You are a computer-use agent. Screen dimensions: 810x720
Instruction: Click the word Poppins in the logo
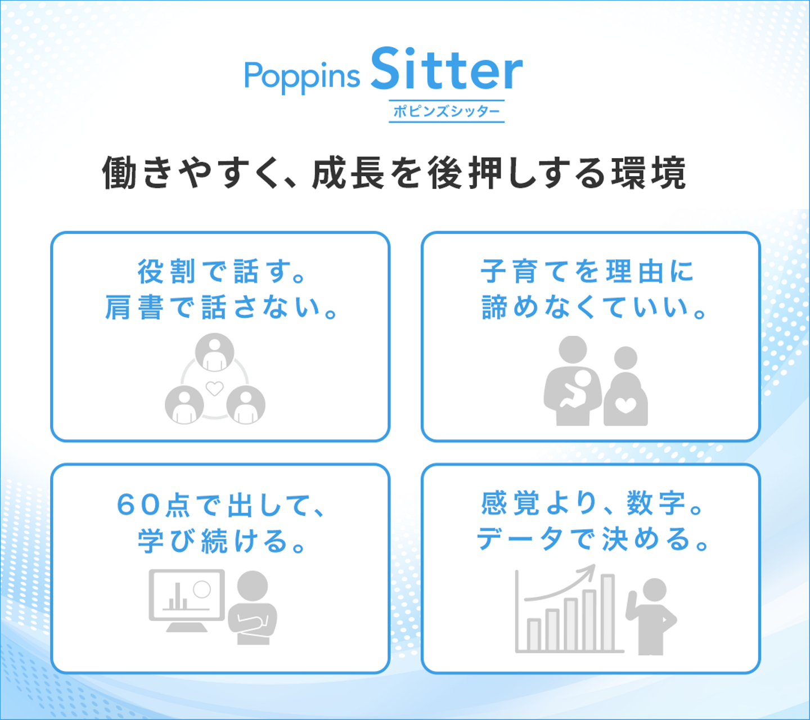pos(302,77)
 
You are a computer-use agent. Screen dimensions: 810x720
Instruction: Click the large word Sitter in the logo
pos(447,69)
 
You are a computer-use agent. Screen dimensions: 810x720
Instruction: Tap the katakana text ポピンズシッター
pos(447,111)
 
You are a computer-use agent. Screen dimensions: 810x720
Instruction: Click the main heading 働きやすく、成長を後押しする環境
pos(394,173)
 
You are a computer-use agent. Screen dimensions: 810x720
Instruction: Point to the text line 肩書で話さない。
pos(220,307)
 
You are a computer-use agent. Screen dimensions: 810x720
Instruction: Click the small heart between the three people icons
pos(214,388)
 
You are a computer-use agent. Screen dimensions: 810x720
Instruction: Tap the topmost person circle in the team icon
pos(215,352)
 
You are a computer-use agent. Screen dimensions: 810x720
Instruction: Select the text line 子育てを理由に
pos(587,271)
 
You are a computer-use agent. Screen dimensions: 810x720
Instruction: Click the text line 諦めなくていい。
pos(593,307)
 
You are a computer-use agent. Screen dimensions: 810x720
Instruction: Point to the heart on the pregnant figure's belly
pos(625,406)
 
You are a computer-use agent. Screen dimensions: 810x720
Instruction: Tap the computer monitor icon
pos(187,600)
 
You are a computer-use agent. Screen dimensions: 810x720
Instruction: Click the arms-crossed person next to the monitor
pos(253,607)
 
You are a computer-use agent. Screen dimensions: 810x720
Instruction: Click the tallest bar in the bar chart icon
pos(607,613)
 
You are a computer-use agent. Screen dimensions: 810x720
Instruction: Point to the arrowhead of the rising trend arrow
pos(590,571)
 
